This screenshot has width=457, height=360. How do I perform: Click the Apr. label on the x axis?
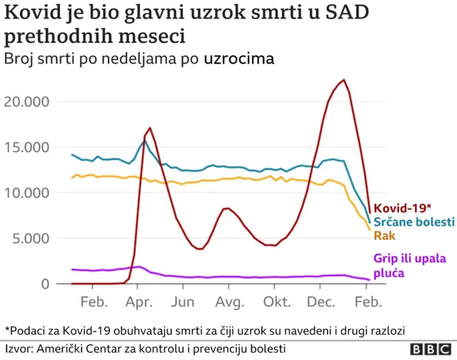pyautogui.click(x=140, y=301)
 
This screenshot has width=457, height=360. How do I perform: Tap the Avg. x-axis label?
pyautogui.click(x=229, y=301)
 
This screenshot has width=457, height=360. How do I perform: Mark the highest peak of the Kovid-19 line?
pyautogui.click(x=343, y=80)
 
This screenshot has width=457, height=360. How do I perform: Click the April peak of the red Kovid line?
pyautogui.click(x=149, y=128)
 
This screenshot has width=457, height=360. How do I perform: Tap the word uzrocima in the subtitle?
pyautogui.click(x=238, y=59)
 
